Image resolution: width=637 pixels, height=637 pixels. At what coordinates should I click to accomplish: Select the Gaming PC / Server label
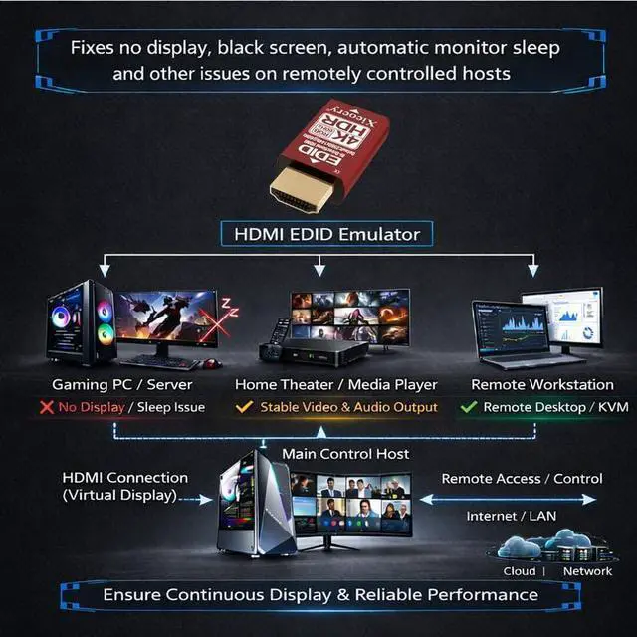pyautogui.click(x=123, y=384)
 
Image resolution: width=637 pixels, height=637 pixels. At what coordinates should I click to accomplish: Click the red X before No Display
pyautogui.click(x=46, y=407)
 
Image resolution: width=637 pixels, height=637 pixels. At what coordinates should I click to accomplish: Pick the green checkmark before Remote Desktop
pyautogui.click(x=468, y=407)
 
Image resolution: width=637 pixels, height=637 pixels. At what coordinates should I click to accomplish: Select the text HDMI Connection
pyautogui.click(x=125, y=478)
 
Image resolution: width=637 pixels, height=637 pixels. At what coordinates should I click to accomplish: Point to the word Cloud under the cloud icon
pyautogui.click(x=518, y=571)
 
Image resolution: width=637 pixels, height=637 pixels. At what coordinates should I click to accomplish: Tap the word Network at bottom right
pyautogui.click(x=587, y=571)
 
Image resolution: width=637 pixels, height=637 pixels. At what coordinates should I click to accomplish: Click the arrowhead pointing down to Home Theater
pyautogui.click(x=319, y=270)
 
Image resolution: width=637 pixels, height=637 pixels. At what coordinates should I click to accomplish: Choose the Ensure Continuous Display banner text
pyautogui.click(x=320, y=595)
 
